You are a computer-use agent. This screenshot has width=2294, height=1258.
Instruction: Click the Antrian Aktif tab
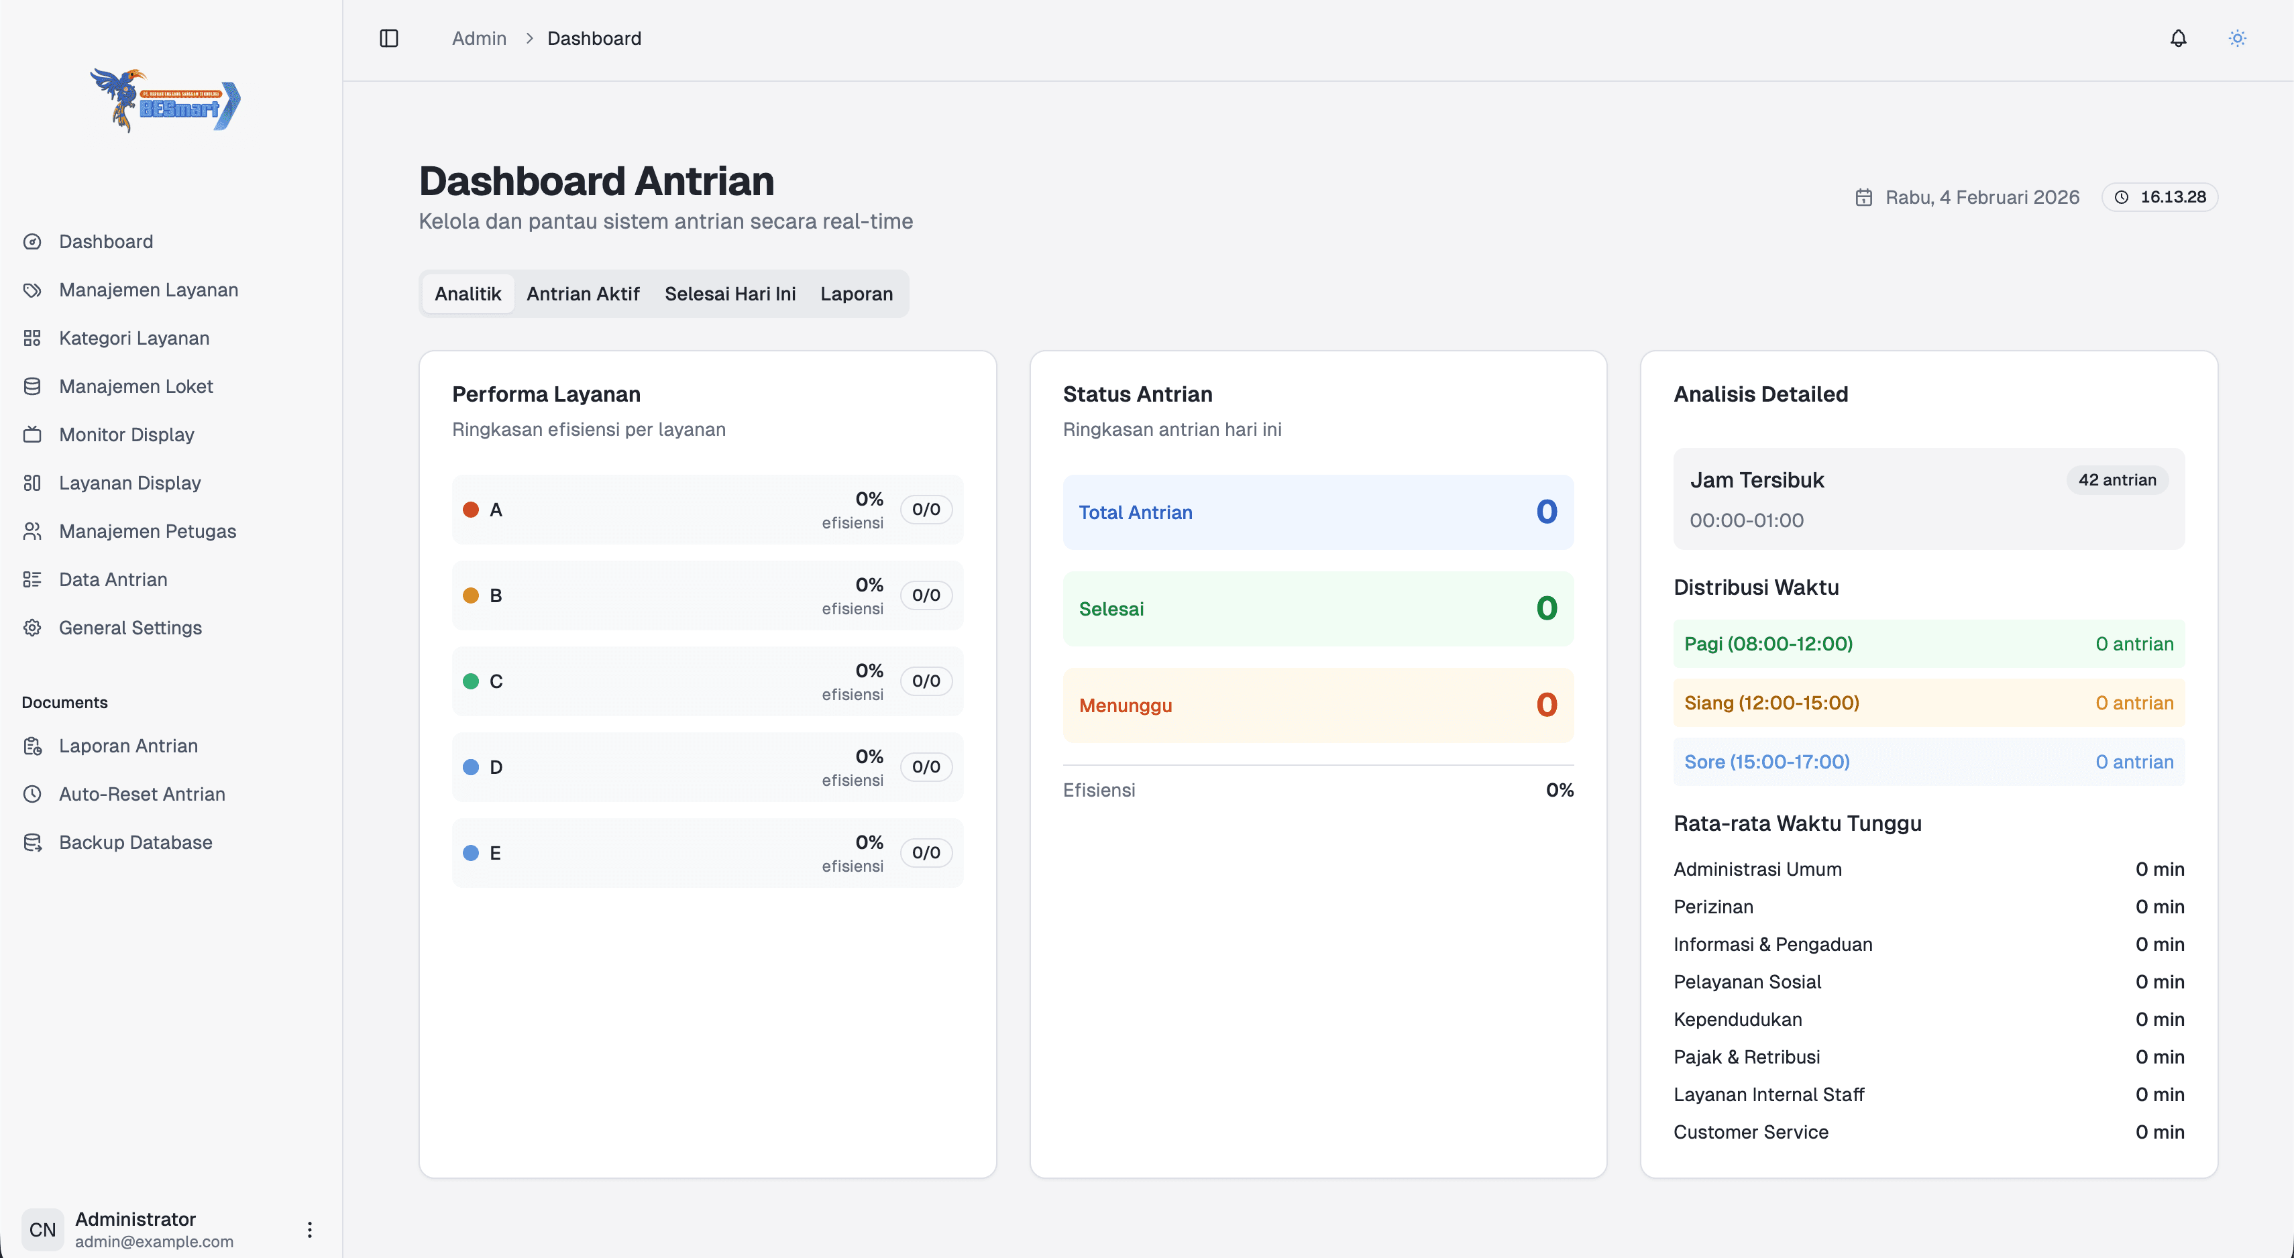coord(582,294)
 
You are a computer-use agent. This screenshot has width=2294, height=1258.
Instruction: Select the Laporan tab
coord(856,294)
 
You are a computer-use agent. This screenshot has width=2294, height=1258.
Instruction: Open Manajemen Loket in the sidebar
coord(135,386)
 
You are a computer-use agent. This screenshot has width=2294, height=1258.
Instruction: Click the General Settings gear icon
coord(32,628)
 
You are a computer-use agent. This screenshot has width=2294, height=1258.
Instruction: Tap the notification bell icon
coord(2178,38)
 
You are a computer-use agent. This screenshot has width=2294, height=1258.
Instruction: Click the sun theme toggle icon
coord(2237,38)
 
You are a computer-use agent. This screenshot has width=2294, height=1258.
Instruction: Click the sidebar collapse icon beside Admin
coord(389,38)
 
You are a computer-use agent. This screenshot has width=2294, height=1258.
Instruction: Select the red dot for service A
coord(471,509)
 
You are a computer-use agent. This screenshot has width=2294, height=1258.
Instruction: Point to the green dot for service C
coord(471,681)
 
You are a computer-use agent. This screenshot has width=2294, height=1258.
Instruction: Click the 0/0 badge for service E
coord(925,853)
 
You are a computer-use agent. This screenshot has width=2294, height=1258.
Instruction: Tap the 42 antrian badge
coord(2117,480)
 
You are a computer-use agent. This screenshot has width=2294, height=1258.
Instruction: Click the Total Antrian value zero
coord(1546,512)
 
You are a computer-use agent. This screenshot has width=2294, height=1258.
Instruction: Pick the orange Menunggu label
coord(1125,705)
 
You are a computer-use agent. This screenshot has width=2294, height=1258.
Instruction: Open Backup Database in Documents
coord(135,842)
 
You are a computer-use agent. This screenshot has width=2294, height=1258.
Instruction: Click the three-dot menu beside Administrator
coord(309,1230)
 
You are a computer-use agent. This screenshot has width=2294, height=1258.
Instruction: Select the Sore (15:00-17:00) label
coord(1767,762)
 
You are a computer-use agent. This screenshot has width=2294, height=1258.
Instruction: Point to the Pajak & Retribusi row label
coord(1747,1057)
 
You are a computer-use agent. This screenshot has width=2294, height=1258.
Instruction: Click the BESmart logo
coord(166,101)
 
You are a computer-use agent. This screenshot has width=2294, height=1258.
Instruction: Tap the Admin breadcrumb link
coord(478,38)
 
